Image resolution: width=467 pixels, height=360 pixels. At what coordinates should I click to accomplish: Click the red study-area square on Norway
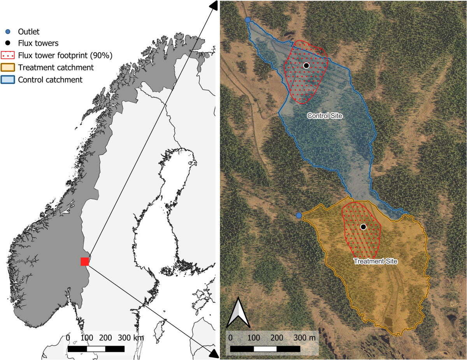pyautogui.click(x=85, y=262)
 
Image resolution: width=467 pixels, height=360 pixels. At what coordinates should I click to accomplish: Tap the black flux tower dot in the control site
pyautogui.click(x=306, y=65)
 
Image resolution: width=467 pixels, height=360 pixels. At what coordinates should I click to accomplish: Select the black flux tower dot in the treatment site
pyautogui.click(x=363, y=227)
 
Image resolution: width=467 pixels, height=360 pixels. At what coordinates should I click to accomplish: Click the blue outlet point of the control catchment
pyautogui.click(x=248, y=20)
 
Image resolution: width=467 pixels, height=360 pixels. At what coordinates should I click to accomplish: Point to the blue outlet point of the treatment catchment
pyautogui.click(x=298, y=215)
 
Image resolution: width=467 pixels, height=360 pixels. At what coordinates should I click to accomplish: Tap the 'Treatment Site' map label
pyautogui.click(x=375, y=261)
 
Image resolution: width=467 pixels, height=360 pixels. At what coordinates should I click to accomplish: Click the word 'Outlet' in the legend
pyautogui.click(x=32, y=32)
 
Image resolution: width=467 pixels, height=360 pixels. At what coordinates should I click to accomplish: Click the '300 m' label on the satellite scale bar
pyautogui.click(x=305, y=337)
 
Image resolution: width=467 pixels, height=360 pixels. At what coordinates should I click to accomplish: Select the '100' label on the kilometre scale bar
pyautogui.click(x=87, y=337)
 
